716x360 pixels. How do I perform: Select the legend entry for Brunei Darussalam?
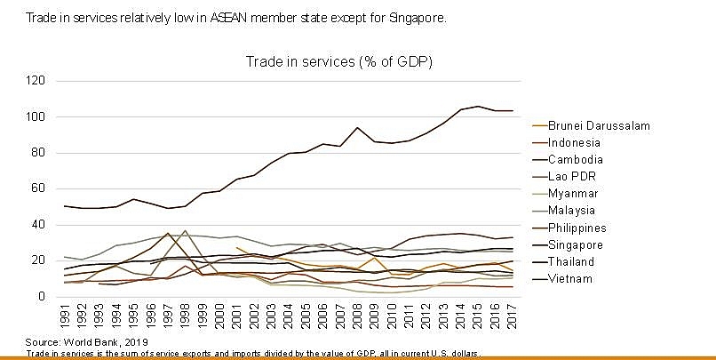click(600, 125)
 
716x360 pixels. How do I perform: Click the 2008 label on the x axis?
click(357, 316)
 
